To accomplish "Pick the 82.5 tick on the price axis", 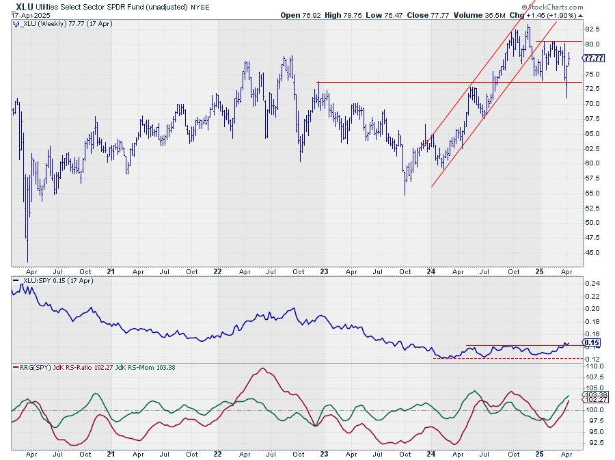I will point(592,29).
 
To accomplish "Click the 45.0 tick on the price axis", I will point(592,252).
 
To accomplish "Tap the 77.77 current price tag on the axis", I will point(593,58).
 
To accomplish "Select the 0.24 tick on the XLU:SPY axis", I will point(592,283).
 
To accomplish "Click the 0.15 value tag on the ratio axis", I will point(592,342).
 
